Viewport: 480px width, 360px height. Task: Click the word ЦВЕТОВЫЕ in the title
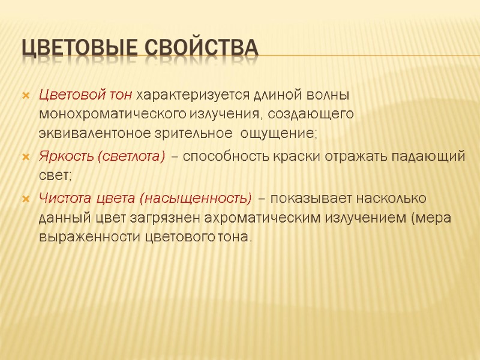77,49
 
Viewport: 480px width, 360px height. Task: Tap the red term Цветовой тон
86,95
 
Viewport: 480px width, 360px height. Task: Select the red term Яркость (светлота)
101,157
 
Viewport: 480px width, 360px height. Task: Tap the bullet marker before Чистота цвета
25,198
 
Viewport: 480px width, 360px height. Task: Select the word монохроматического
112,113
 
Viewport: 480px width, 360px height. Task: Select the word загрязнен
160,217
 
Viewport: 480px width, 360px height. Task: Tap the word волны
329,95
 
